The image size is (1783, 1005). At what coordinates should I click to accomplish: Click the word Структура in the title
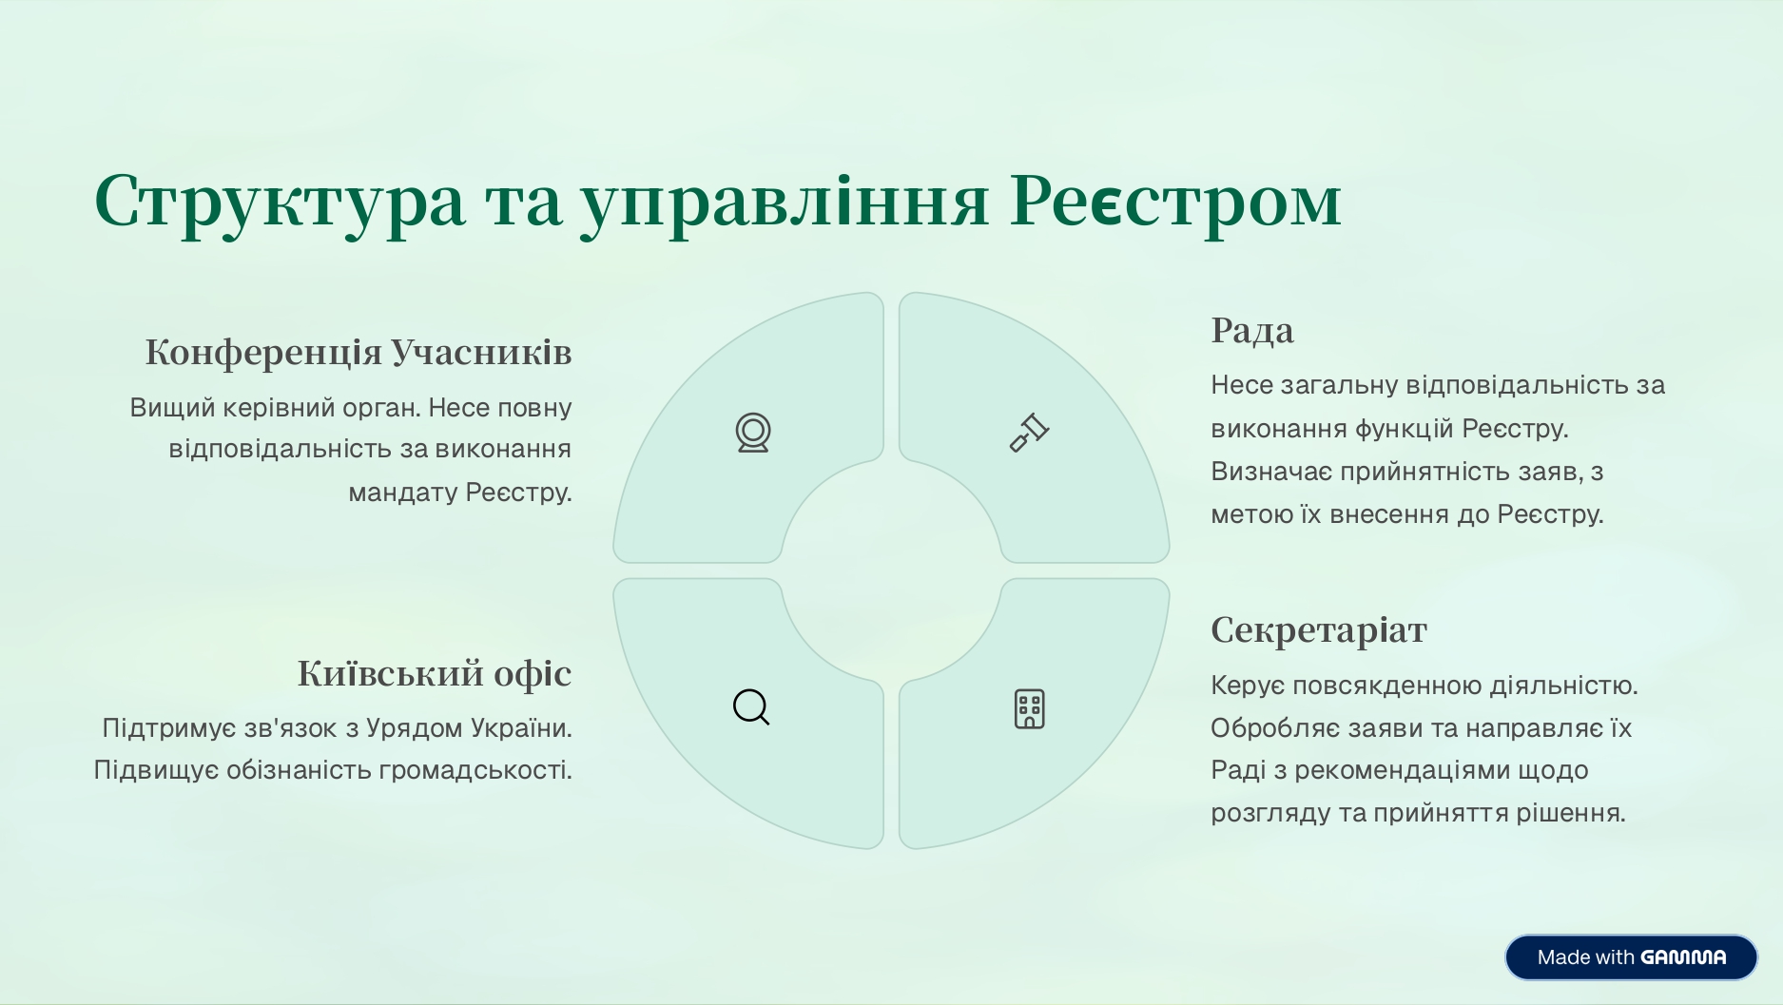pyautogui.click(x=281, y=202)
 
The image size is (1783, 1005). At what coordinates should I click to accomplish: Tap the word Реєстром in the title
pyautogui.click(x=1175, y=202)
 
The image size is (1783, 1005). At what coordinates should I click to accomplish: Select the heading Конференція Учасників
pyautogui.click(x=359, y=352)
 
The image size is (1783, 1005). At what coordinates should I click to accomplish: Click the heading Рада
pyautogui.click(x=1252, y=330)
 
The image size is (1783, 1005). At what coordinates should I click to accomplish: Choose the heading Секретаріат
pyautogui.click(x=1319, y=629)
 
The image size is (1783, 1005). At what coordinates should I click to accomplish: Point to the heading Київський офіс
pyautogui.click(x=435, y=673)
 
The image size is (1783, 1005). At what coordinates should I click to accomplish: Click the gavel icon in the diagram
pyautogui.click(x=1029, y=433)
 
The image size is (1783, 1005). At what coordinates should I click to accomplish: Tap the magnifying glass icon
pyautogui.click(x=751, y=707)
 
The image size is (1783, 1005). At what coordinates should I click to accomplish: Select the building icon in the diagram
pyautogui.click(x=1029, y=709)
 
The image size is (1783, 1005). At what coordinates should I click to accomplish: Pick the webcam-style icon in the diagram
pyautogui.click(x=753, y=433)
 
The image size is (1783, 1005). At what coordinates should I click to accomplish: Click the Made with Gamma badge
pyautogui.click(x=1631, y=957)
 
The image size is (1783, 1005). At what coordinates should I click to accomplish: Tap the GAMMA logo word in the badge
pyautogui.click(x=1683, y=957)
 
